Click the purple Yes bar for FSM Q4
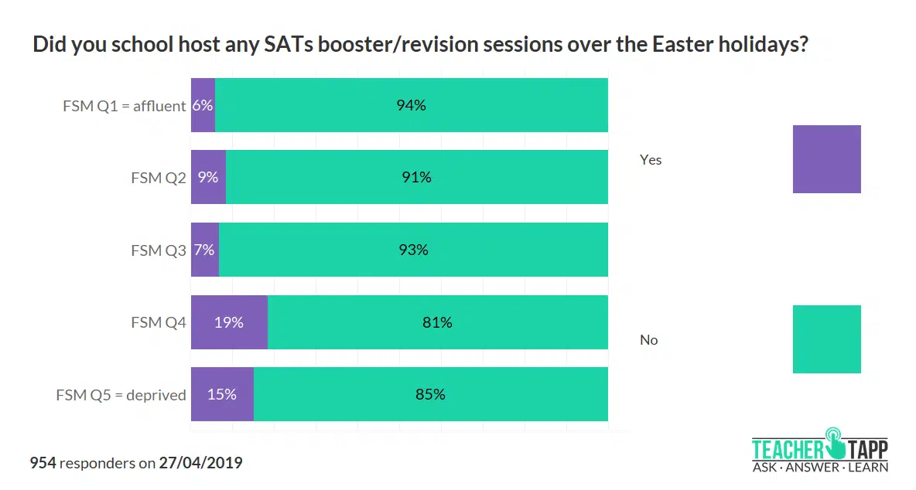coord(229,322)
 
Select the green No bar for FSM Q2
coord(416,177)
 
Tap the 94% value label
coord(411,105)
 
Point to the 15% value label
coord(221,394)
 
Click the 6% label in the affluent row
coord(203,105)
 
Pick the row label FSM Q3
coord(159,250)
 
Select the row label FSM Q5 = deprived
coord(121,395)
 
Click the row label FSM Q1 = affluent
coord(125,106)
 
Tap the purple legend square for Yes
coord(826,159)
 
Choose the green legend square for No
coord(826,339)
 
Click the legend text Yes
coord(651,160)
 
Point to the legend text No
coord(648,340)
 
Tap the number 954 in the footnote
coord(43,463)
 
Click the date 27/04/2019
coord(200,463)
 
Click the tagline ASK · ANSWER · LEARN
coord(820,467)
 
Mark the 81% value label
coord(437,322)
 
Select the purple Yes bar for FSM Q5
coord(222,394)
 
